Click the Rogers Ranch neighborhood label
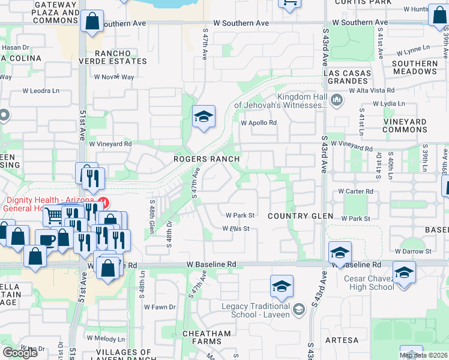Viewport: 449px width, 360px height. pos(206,159)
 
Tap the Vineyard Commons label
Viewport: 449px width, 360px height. pos(421,125)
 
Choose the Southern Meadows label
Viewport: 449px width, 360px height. pos(414,67)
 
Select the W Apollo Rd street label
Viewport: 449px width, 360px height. pos(259,123)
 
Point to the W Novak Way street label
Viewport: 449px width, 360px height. pos(114,77)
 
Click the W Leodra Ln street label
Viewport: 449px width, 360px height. pos(41,91)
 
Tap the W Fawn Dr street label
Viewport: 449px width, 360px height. pos(159,307)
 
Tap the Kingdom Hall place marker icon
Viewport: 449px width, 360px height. pos(336,100)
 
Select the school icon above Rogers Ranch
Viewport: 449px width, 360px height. pos(203,116)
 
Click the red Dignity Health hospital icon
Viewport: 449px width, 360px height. pos(103,202)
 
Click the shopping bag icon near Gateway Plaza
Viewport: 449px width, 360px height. pos(92,22)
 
